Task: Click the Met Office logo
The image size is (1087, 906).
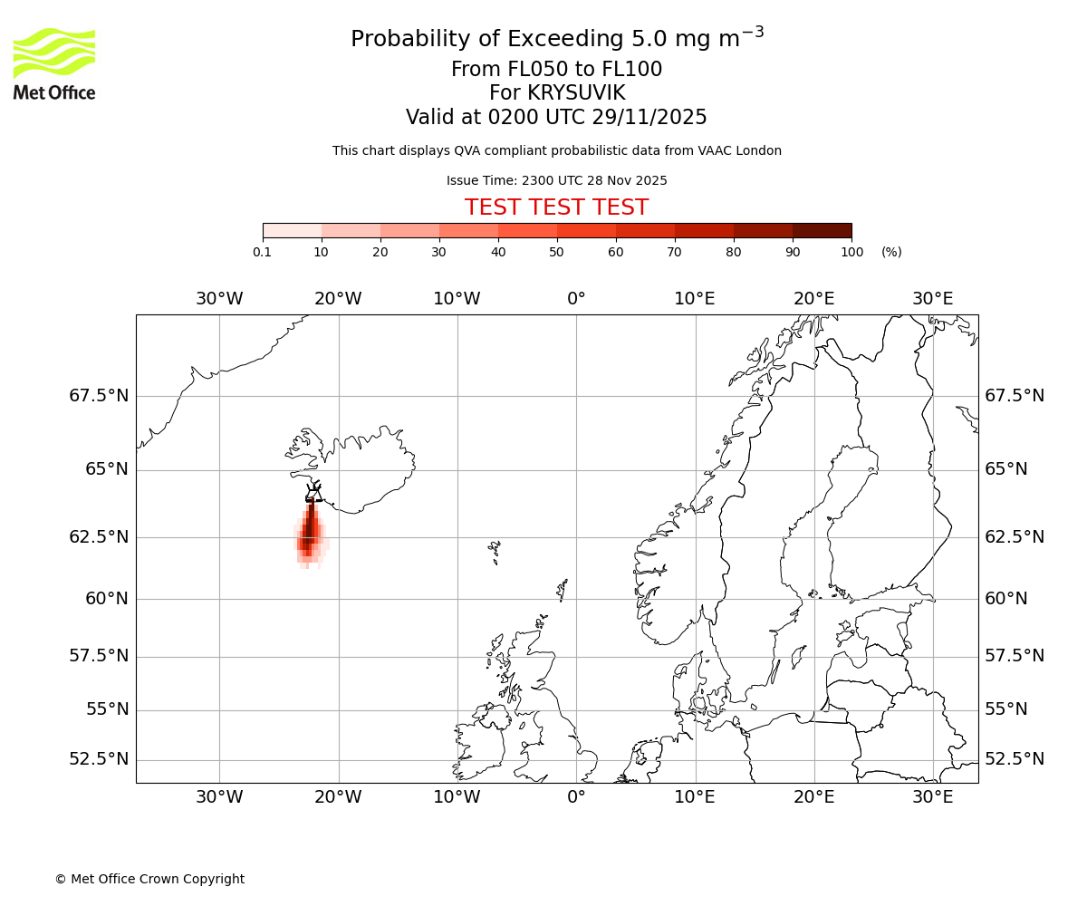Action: point(54,63)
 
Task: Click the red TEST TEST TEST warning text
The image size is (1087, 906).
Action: point(556,207)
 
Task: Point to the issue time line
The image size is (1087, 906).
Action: point(556,180)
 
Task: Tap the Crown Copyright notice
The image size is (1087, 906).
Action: point(149,879)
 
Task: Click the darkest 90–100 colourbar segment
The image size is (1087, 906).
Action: point(822,230)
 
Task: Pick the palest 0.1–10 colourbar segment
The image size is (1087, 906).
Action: point(293,230)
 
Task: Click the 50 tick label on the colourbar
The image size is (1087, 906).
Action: point(557,252)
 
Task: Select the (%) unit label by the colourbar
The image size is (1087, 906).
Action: point(891,252)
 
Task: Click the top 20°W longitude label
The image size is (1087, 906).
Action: point(338,299)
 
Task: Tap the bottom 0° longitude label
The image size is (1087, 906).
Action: point(576,796)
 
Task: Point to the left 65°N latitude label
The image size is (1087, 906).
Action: point(107,469)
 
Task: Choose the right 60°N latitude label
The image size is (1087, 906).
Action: point(1006,599)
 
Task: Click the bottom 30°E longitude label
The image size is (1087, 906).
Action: point(932,796)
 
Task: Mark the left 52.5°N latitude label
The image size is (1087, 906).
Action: point(99,759)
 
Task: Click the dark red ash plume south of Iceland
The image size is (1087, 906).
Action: point(310,530)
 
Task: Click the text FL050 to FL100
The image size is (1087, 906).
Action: point(556,70)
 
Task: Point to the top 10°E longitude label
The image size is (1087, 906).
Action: point(695,299)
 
